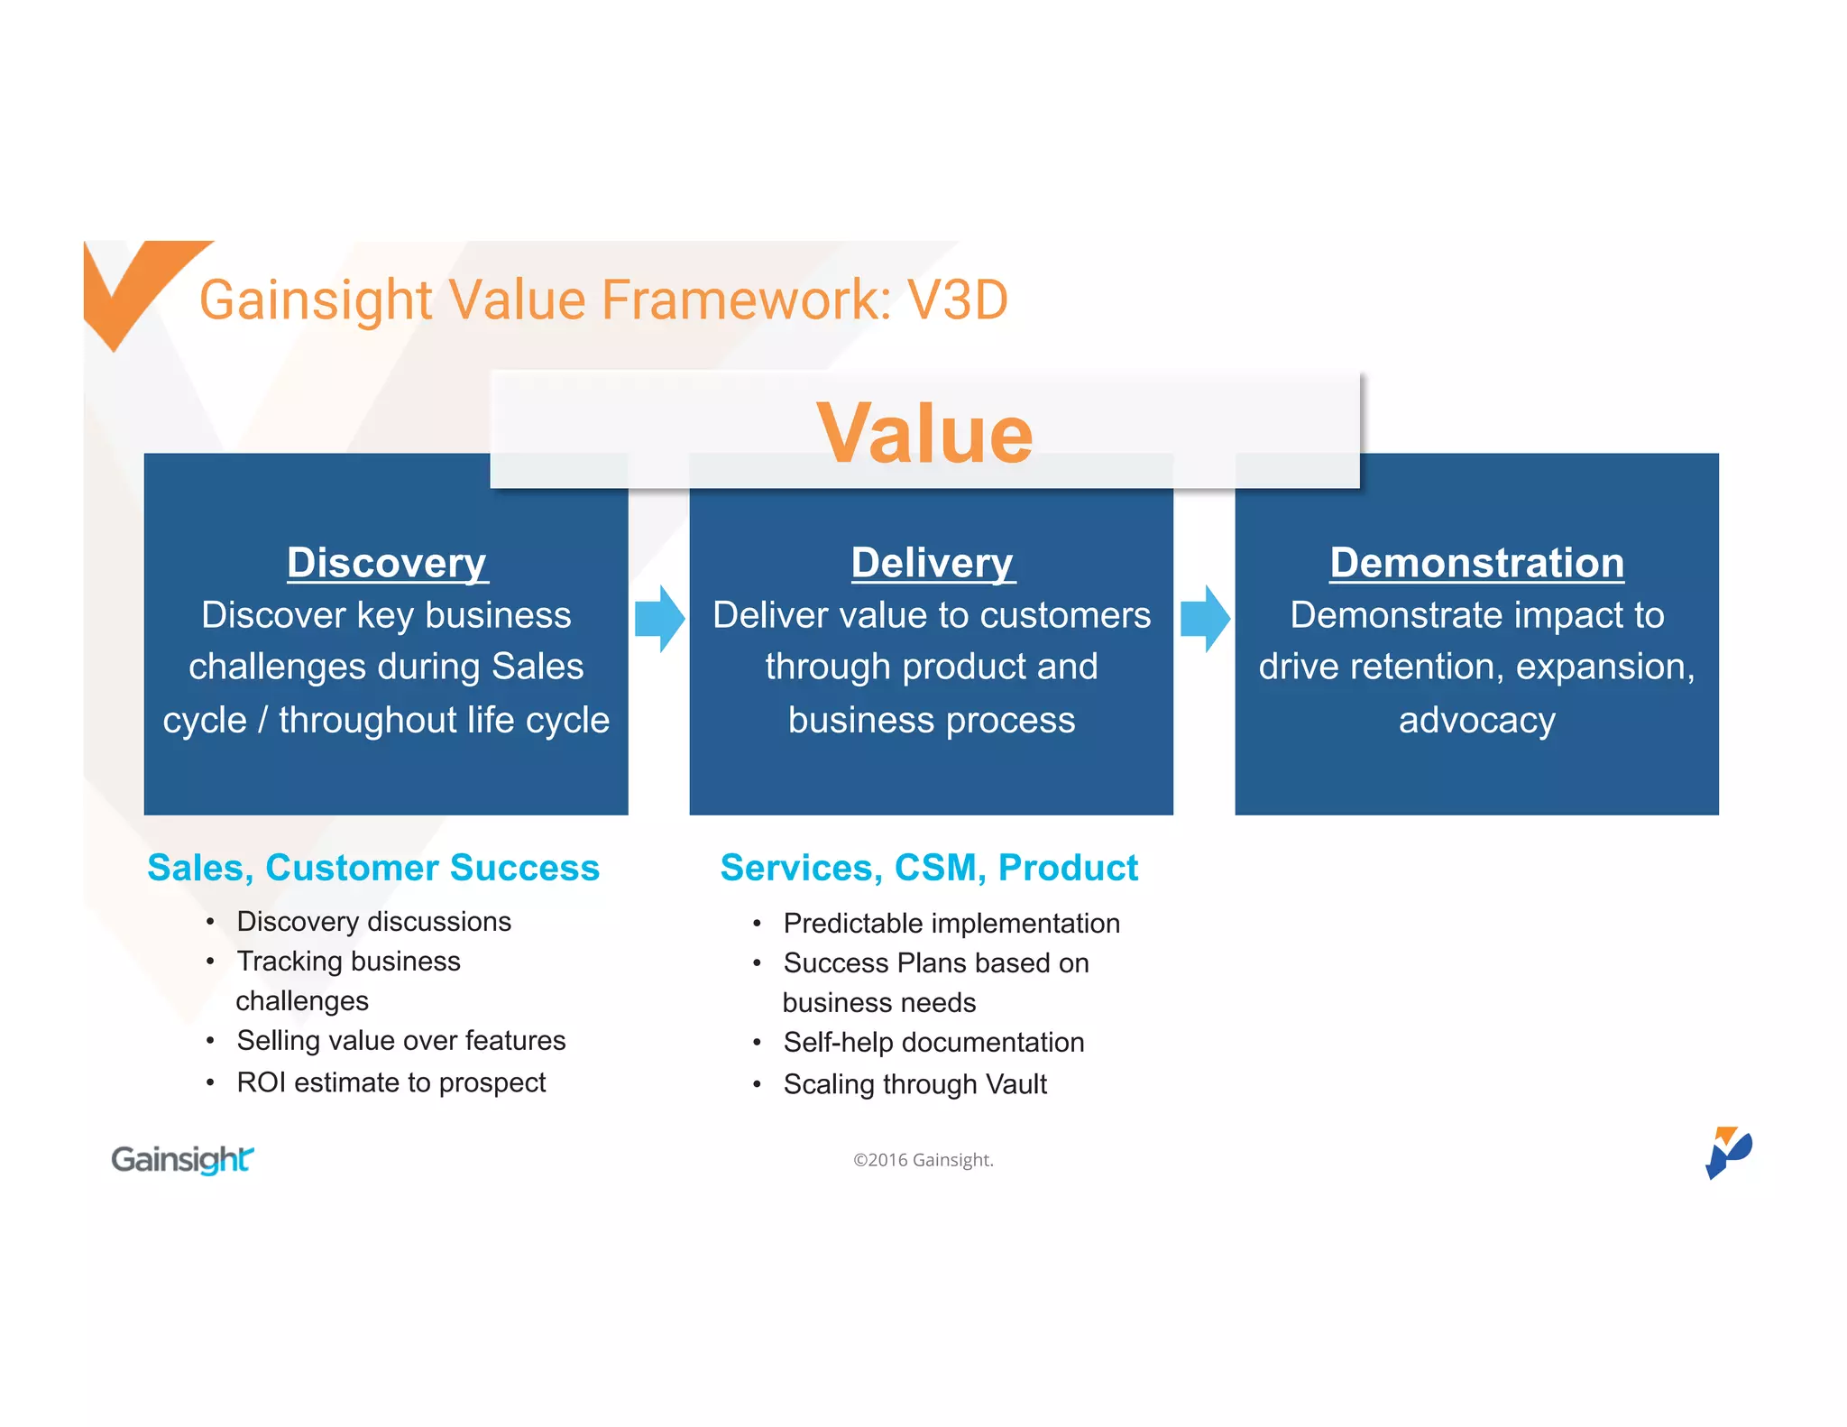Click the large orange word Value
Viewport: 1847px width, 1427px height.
click(x=924, y=434)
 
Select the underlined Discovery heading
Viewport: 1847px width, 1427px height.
click(x=387, y=563)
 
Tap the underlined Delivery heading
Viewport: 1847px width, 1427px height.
click(x=933, y=563)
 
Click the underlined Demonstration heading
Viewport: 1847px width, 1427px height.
click(x=1476, y=563)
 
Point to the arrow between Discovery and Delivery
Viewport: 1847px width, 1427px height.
click(x=659, y=619)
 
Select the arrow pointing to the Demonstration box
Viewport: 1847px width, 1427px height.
click(x=1205, y=619)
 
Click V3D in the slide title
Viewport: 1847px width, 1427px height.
click(x=957, y=300)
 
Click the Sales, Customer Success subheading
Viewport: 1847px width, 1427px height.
click(x=373, y=868)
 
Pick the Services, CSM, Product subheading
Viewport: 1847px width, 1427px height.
click(x=929, y=868)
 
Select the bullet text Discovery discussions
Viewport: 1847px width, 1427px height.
click(x=373, y=922)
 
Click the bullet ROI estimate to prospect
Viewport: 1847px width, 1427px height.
click(x=391, y=1082)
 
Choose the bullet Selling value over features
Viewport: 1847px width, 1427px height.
click(x=400, y=1041)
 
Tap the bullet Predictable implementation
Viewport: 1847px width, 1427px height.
click(x=951, y=924)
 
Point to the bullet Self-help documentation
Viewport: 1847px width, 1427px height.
click(x=933, y=1043)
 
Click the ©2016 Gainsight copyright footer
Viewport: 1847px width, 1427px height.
click(x=923, y=1160)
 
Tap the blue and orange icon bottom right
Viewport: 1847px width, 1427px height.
click(x=1727, y=1152)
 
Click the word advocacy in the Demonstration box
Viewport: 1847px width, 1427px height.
click(x=1476, y=721)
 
